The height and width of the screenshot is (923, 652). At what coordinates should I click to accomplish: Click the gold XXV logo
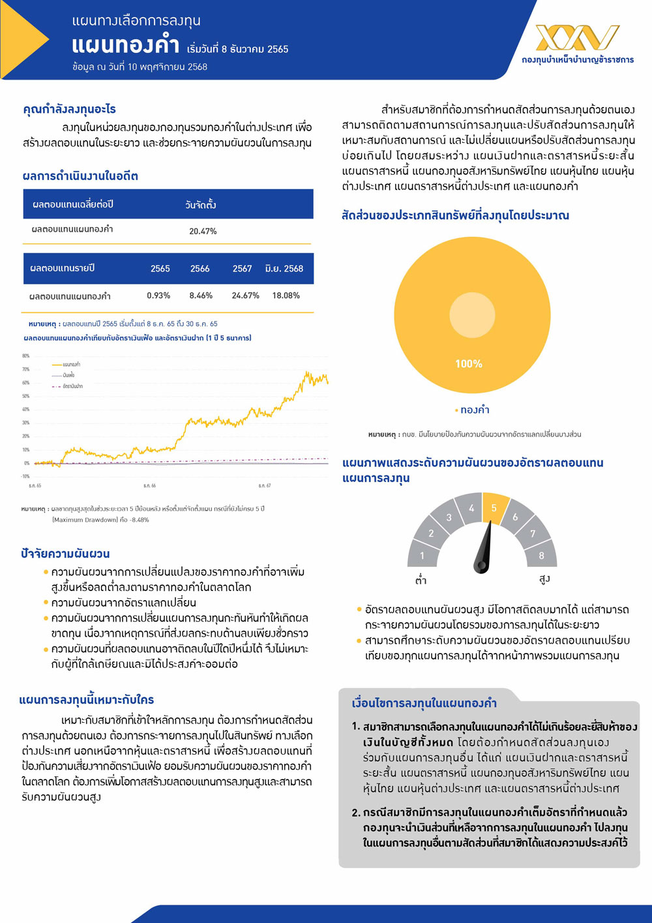(x=577, y=38)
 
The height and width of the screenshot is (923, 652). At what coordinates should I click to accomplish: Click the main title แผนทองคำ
(x=125, y=46)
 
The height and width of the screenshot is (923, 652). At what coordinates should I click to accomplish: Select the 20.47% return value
(x=203, y=231)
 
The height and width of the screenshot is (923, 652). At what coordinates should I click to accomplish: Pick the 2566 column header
(x=200, y=269)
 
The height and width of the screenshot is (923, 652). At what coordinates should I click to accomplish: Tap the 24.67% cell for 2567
(x=245, y=295)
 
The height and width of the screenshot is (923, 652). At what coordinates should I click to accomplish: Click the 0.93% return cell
(x=158, y=295)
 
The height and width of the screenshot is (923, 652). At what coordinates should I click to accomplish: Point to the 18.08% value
(x=286, y=295)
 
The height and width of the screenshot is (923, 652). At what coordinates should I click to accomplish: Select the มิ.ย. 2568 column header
(x=284, y=269)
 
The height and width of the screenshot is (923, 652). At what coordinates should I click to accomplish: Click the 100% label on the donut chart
(x=469, y=364)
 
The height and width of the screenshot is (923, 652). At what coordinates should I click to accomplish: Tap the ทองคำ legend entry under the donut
(x=474, y=410)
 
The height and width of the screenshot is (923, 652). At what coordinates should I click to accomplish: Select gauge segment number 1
(x=422, y=556)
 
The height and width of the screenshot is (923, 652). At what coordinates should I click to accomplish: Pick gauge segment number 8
(x=541, y=556)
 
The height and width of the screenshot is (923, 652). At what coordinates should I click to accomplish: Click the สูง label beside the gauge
(x=544, y=579)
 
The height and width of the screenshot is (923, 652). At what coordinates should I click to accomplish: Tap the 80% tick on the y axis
(x=26, y=356)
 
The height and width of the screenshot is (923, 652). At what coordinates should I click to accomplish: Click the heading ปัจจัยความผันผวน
(x=65, y=554)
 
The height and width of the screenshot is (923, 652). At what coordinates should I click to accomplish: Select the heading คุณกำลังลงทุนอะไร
(x=70, y=110)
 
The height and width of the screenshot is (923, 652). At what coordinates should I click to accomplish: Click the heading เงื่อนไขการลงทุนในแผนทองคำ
(x=424, y=703)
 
